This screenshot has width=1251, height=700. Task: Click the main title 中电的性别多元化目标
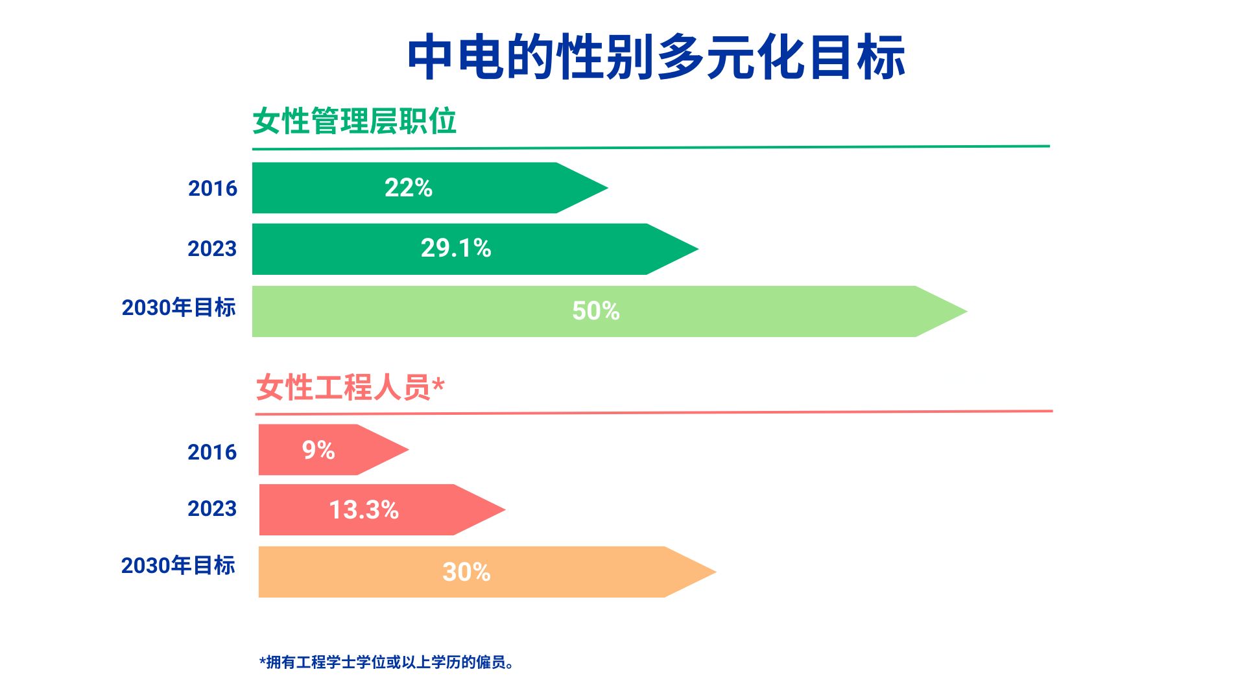click(656, 57)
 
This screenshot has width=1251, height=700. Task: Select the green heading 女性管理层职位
click(354, 121)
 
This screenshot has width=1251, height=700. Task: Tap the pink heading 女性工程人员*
click(350, 387)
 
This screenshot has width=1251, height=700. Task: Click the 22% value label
click(408, 188)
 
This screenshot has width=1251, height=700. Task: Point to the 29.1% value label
click(456, 248)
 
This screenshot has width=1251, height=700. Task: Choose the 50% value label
click(595, 311)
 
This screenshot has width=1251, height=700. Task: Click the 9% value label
click(318, 450)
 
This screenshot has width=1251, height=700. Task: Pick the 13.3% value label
click(363, 509)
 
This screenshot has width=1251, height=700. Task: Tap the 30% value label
click(466, 572)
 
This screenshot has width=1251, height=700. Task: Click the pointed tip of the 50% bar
click(967, 311)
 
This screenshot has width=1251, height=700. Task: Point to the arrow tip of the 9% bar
click(409, 449)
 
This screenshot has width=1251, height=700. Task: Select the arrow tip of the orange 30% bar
click(716, 572)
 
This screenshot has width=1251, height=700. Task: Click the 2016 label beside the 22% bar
click(213, 189)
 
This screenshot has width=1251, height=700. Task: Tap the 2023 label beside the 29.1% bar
click(212, 249)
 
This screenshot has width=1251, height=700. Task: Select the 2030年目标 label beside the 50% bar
click(178, 307)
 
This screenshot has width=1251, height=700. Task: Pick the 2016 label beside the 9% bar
click(212, 452)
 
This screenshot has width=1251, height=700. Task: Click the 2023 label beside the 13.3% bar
click(212, 509)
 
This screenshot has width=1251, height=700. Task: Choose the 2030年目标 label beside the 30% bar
click(178, 565)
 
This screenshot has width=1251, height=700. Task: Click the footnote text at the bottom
click(387, 662)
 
